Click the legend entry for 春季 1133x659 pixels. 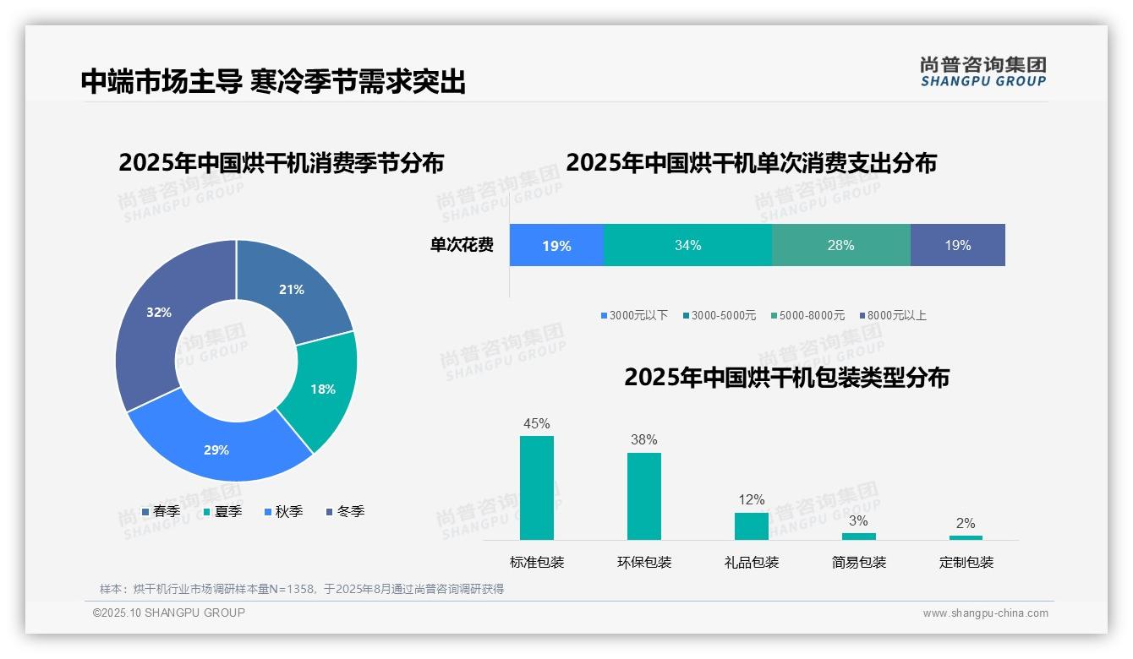coord(161,511)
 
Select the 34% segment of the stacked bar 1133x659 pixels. coord(687,245)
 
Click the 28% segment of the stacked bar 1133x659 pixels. coord(840,245)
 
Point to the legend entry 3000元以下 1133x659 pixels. coord(634,315)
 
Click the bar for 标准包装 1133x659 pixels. coord(537,487)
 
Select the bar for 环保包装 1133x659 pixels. coord(644,496)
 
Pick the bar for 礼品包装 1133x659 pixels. coord(752,526)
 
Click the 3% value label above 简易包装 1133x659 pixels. coord(858,520)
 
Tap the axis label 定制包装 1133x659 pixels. coord(966,562)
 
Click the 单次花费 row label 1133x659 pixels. coord(462,245)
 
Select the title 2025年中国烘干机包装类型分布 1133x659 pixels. coord(786,377)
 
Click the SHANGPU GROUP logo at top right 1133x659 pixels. coord(982,72)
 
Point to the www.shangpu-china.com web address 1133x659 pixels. coord(985,613)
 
